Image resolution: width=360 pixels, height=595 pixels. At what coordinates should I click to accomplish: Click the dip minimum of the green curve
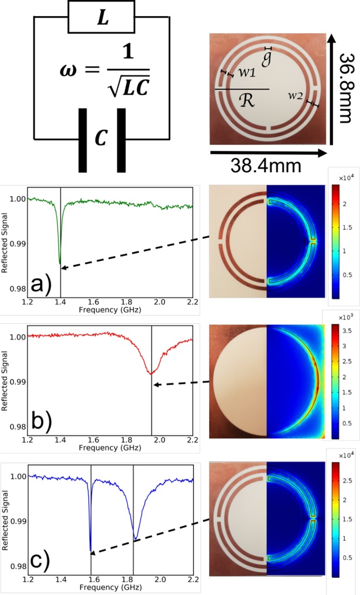60,263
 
